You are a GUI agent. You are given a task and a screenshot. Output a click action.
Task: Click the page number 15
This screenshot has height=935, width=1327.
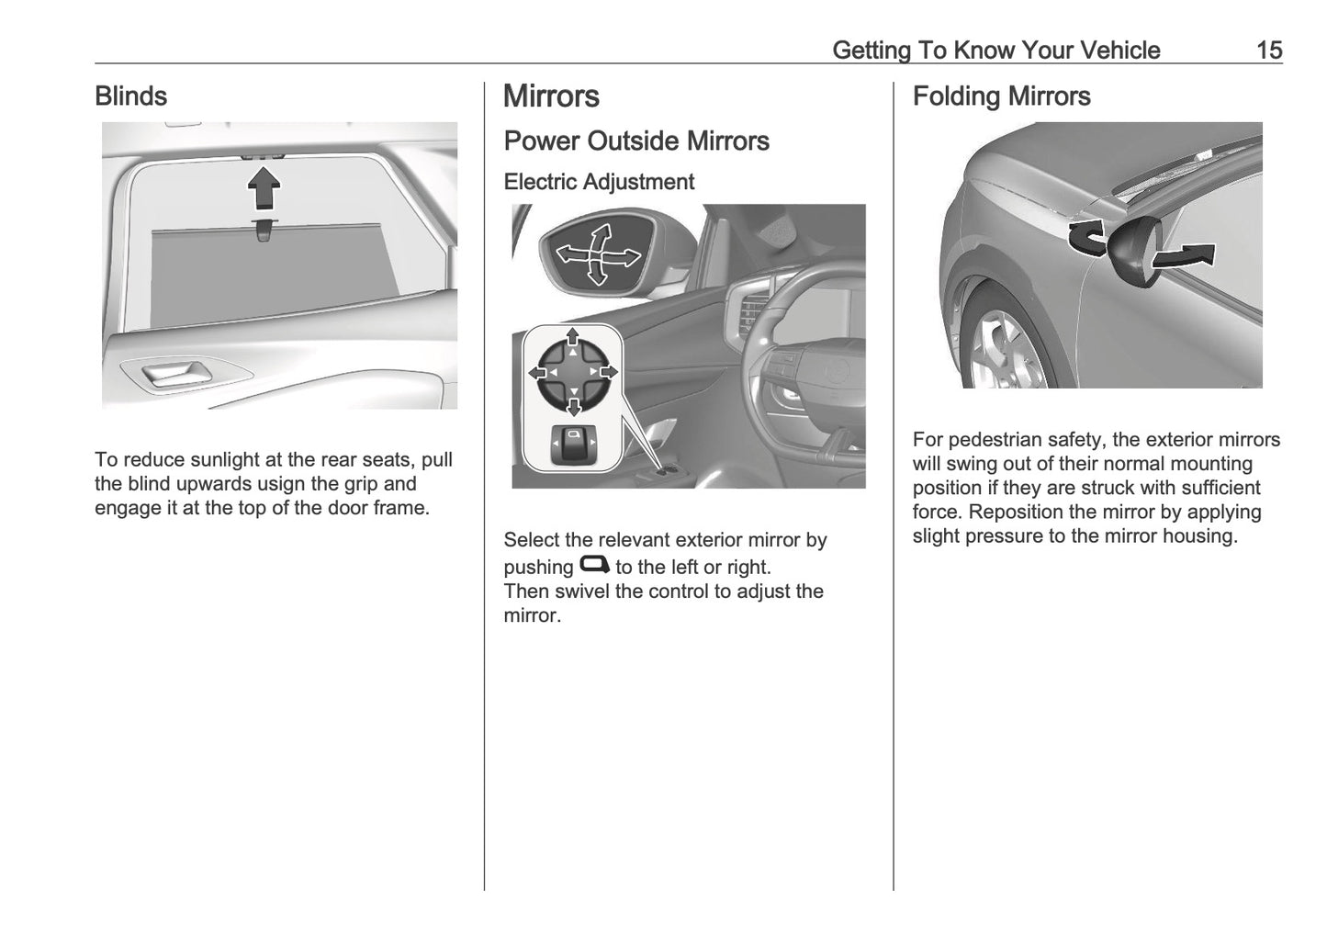pos(1268,50)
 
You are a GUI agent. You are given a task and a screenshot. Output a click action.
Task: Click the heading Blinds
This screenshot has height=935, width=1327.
pos(131,96)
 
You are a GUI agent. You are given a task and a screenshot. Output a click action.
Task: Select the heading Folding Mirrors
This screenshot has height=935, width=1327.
pos(1001,96)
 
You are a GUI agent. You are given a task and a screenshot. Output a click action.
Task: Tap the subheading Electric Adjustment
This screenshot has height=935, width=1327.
pos(599,182)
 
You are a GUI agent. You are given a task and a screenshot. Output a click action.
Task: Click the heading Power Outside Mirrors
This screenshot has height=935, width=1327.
pos(636,141)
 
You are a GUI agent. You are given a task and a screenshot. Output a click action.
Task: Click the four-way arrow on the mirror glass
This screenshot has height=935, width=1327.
pos(598,254)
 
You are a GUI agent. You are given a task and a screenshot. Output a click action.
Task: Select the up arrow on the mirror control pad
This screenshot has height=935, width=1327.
pos(573,336)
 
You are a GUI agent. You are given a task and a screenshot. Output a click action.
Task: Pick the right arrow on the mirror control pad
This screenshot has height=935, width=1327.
pos(609,372)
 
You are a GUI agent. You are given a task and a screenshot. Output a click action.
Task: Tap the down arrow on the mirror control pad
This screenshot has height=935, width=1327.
pos(573,407)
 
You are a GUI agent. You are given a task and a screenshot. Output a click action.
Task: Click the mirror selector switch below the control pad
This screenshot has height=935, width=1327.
pos(573,444)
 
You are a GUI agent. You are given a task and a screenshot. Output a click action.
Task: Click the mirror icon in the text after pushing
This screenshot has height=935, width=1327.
pos(594,565)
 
